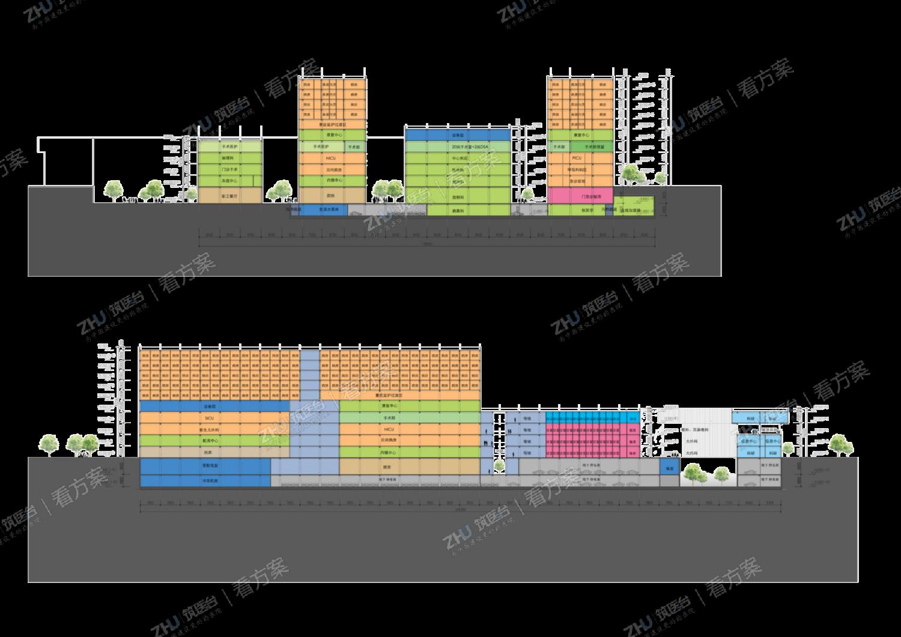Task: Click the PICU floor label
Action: [577, 158]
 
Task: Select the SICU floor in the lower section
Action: [210, 417]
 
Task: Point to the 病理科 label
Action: [228, 158]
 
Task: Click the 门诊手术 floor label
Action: [228, 169]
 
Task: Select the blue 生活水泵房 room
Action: [323, 210]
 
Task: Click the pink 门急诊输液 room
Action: [580, 196]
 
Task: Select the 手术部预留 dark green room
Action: [593, 146]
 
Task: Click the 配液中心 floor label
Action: [210, 441]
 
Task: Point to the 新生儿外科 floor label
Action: [210, 429]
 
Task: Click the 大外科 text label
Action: [691, 441]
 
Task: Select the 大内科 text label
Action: [691, 452]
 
